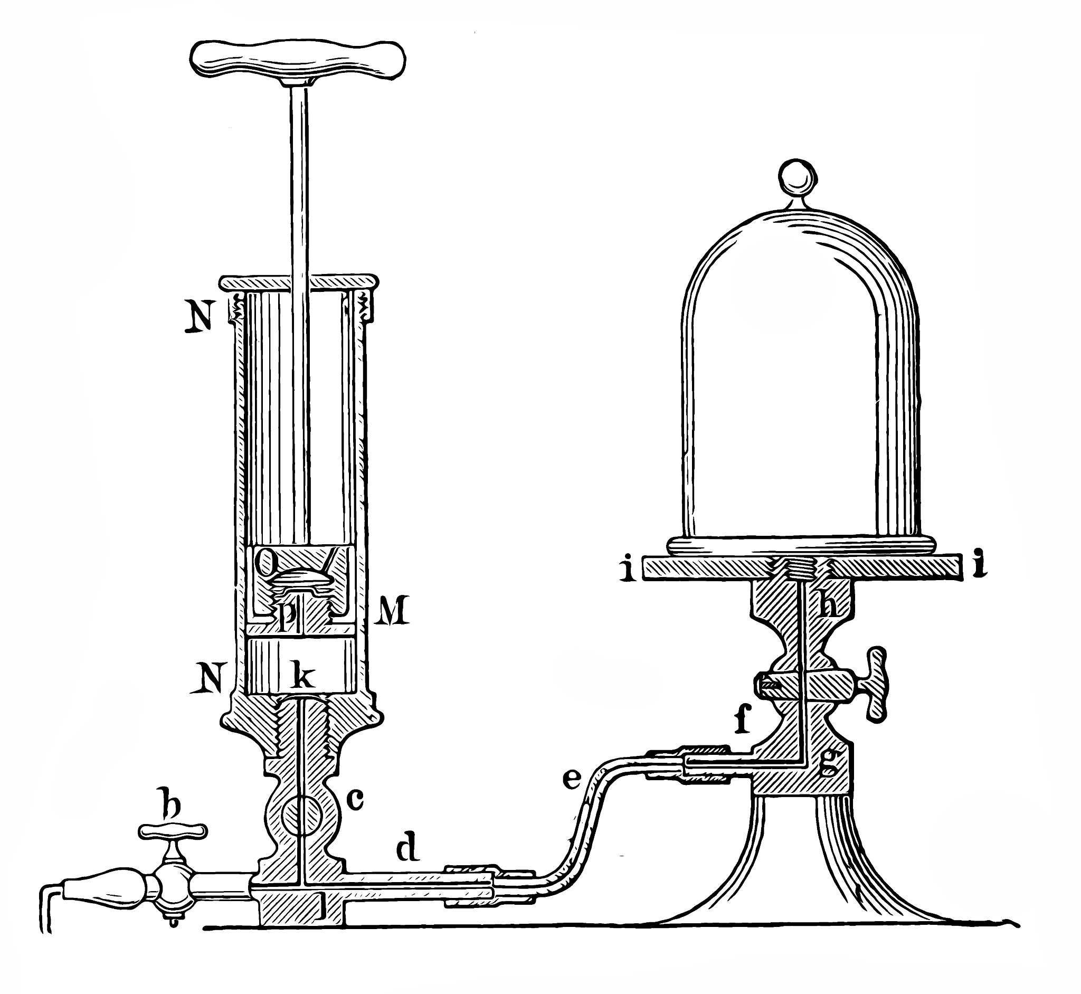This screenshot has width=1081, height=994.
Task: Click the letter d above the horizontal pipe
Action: coord(407,848)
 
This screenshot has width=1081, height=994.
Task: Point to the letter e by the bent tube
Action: coord(570,779)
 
